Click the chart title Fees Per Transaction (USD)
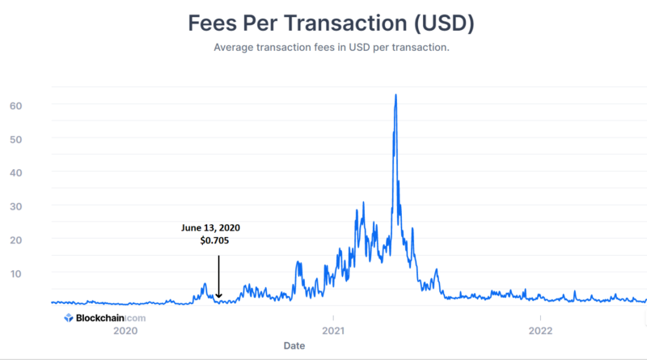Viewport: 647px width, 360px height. pyautogui.click(x=332, y=23)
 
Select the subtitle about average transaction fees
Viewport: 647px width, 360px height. pyautogui.click(x=332, y=48)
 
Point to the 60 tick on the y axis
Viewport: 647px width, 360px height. pyautogui.click(x=15, y=106)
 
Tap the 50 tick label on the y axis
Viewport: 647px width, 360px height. pyautogui.click(x=15, y=139)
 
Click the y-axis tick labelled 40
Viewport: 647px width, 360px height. pyautogui.click(x=15, y=173)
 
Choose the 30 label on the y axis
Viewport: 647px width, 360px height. pyautogui.click(x=15, y=206)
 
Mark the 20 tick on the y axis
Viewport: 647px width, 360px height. pyautogui.click(x=15, y=240)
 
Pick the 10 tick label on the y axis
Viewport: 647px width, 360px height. pyautogui.click(x=15, y=273)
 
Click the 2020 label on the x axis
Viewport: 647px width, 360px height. pyautogui.click(x=125, y=330)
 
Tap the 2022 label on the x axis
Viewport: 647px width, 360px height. pyautogui.click(x=539, y=330)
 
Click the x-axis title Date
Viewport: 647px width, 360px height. pyautogui.click(x=294, y=345)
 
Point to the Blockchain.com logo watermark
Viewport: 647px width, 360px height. pyautogui.click(x=105, y=318)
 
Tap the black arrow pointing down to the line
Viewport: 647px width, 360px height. pyautogui.click(x=218, y=277)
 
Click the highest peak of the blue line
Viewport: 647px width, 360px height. pyautogui.click(x=395, y=95)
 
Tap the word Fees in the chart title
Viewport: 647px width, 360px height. pyautogui.click(x=214, y=23)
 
